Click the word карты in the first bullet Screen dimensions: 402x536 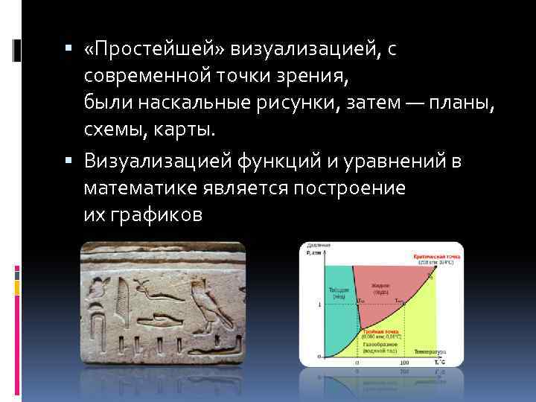click(x=182, y=130)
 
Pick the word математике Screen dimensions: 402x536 click(x=139, y=188)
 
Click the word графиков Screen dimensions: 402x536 click(x=156, y=215)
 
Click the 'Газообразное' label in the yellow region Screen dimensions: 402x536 click(x=380, y=345)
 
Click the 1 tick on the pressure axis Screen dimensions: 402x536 click(x=319, y=305)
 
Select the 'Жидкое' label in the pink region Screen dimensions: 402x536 click(x=381, y=287)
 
